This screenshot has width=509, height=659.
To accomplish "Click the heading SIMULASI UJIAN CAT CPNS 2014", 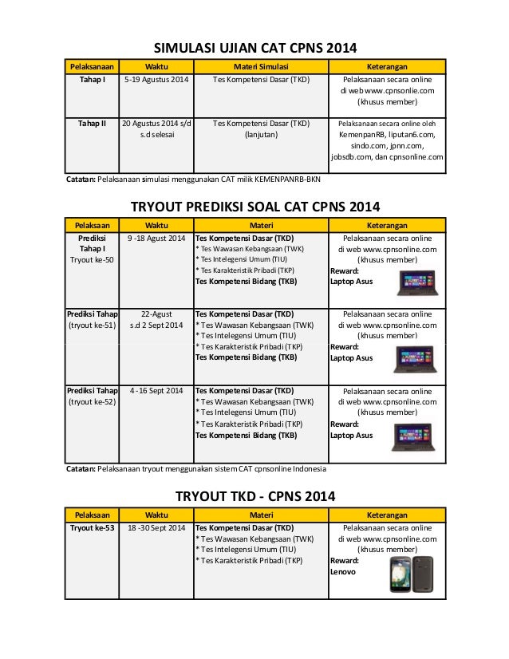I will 254,46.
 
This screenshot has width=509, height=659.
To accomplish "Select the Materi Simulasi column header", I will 255,66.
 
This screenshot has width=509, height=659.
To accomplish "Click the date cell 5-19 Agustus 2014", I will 156,80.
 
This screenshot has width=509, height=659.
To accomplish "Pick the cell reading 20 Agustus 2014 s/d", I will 156,124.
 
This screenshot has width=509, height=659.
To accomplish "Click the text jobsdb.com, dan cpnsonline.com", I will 387,157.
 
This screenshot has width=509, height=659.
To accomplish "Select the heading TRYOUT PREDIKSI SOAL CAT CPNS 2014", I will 254,207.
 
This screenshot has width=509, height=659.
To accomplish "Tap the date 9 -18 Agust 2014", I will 156,239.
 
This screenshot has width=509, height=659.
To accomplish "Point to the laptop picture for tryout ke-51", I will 414,359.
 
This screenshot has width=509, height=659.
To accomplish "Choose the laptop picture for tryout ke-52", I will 414,436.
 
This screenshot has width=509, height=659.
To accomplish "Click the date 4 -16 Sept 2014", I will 156,390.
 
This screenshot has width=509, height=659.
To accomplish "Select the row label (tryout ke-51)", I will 91,326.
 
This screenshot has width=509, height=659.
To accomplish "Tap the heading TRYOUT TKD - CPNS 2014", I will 254,496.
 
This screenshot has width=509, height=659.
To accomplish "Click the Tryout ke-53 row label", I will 92,527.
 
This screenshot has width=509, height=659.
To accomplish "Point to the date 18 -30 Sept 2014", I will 156,527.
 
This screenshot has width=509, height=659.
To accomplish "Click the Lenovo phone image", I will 411,574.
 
